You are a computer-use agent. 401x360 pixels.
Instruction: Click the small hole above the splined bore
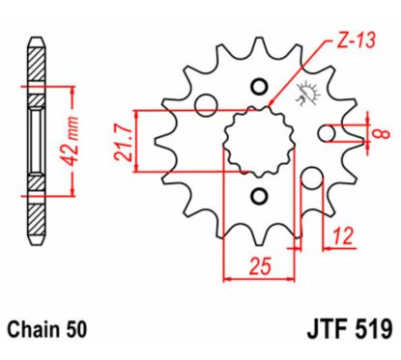click(x=257, y=87)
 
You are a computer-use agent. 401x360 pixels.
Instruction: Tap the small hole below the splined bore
click(x=257, y=197)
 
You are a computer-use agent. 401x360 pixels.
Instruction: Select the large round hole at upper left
click(x=203, y=104)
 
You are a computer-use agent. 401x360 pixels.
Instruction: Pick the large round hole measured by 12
click(x=312, y=179)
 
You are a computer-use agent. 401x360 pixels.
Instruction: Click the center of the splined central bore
click(x=257, y=141)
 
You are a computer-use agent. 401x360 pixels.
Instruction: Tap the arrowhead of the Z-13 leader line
click(x=272, y=104)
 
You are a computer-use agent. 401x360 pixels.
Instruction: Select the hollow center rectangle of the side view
click(x=36, y=140)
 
